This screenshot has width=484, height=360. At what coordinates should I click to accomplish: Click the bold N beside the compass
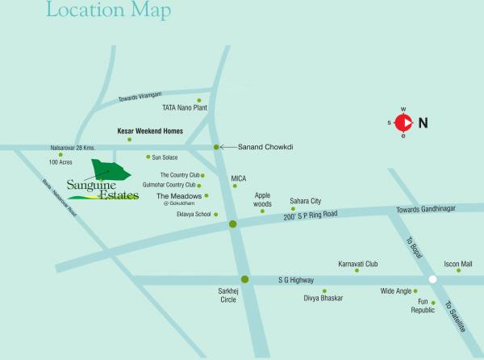[423, 123]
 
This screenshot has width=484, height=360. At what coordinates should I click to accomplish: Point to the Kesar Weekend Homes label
[150, 131]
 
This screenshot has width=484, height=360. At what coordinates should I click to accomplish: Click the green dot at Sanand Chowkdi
[216, 147]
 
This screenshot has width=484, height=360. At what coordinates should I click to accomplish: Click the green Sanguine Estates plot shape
[111, 170]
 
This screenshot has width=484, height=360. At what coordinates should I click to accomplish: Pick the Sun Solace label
[165, 157]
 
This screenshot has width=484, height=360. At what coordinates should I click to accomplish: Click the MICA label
[239, 178]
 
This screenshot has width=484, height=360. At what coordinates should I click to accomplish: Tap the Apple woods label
[263, 199]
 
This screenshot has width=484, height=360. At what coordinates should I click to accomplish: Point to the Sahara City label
[306, 200]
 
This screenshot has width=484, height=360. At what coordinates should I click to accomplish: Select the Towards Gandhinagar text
[426, 209]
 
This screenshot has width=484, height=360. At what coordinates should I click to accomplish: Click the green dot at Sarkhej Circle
[245, 280]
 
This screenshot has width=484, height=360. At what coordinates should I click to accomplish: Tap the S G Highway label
[295, 279]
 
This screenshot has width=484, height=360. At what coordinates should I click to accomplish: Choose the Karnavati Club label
[357, 263]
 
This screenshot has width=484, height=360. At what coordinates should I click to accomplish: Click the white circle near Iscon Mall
[433, 279]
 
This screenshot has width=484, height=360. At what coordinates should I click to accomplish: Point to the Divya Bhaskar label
[323, 298]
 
